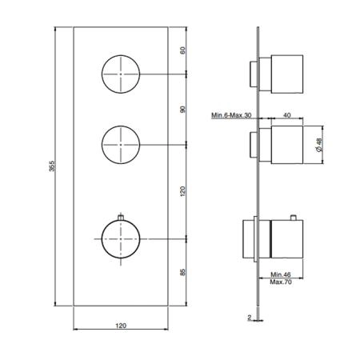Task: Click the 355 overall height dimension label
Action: pos(52,166)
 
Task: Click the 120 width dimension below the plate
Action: pos(121,326)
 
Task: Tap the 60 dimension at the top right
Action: pos(182,50)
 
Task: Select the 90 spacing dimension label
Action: pos(182,110)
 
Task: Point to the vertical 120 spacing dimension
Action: pos(182,191)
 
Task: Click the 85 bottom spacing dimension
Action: pos(182,272)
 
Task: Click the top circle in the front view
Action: pos(121,55)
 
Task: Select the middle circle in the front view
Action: pos(121,126)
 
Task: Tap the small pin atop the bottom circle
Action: pos(121,218)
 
